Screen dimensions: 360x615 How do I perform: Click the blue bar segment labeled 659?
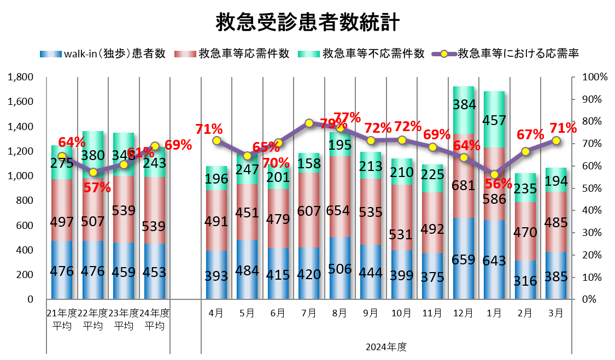[x=464, y=258]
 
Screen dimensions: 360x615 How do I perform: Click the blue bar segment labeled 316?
[x=525, y=280]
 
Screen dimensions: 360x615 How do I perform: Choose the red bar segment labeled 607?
[x=309, y=210]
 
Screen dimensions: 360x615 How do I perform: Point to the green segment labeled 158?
[x=309, y=163]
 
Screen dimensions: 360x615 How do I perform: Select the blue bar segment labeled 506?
[x=340, y=268]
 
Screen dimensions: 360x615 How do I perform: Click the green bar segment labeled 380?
[x=93, y=155]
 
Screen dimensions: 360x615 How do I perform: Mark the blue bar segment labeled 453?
[x=155, y=271]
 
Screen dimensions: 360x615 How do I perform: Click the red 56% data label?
[x=498, y=184]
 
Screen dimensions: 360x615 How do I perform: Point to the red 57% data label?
[x=97, y=188]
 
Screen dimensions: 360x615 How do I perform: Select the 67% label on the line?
[x=530, y=135]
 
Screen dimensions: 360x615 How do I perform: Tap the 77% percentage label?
[x=347, y=117]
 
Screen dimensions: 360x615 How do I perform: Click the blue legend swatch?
[x=51, y=54]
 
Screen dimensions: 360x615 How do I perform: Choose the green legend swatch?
[x=309, y=54]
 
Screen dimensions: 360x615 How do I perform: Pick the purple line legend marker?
[x=444, y=54]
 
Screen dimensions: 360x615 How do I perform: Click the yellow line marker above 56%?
[x=494, y=174]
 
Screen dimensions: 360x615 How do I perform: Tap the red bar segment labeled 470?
[x=525, y=231]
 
